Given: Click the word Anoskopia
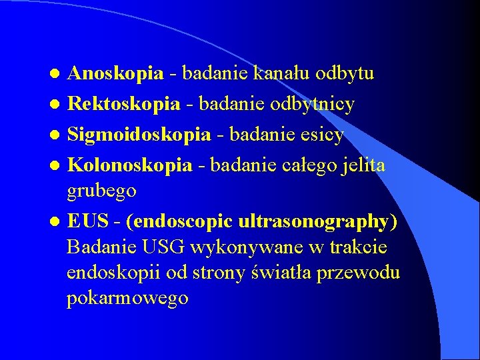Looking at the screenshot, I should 116,73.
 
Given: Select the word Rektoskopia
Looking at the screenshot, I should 125,103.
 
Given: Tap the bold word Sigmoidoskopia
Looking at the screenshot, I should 139,135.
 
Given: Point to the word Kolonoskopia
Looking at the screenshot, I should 130,165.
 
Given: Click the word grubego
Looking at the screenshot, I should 102,191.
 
